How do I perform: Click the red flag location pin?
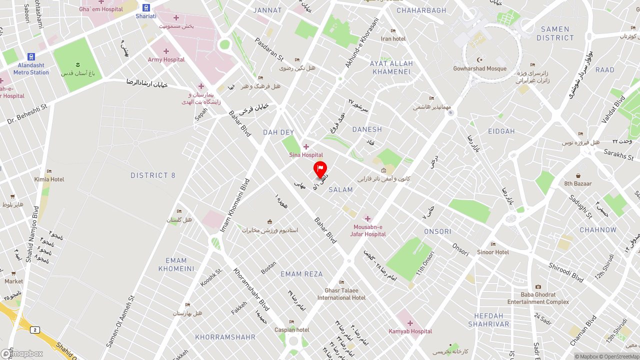click(x=320, y=169)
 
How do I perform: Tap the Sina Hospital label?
click(x=306, y=155)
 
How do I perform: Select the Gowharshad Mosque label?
click(x=479, y=68)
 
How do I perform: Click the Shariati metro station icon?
click(x=146, y=7)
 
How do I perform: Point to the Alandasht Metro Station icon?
click(x=31, y=57)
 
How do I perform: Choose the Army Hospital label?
click(x=166, y=59)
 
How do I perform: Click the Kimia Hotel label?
click(x=49, y=179)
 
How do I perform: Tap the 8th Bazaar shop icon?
click(x=578, y=175)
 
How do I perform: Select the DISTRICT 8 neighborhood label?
click(x=153, y=175)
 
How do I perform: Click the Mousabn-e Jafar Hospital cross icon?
click(x=367, y=218)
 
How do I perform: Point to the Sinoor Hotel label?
click(x=493, y=252)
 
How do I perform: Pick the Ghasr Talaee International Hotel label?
click(x=341, y=294)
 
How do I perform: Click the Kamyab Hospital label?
click(x=410, y=331)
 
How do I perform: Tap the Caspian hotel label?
click(x=292, y=330)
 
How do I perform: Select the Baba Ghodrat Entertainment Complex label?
click(x=538, y=298)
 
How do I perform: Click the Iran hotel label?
click(x=393, y=38)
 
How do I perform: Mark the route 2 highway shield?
click(x=34, y=329)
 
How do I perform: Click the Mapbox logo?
click(x=22, y=353)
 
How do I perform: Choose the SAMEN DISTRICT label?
click(x=555, y=33)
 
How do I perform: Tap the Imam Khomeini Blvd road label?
click(x=235, y=205)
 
